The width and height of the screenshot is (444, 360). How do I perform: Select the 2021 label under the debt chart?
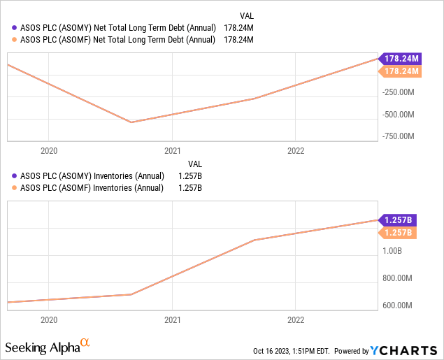(x=172, y=150)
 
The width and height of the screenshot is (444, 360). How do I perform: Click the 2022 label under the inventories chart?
(x=296, y=320)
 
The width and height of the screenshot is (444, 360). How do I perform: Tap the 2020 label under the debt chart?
(x=49, y=150)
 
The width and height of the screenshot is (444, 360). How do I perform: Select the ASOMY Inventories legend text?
(x=93, y=175)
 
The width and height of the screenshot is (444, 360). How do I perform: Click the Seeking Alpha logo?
(x=48, y=346)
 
